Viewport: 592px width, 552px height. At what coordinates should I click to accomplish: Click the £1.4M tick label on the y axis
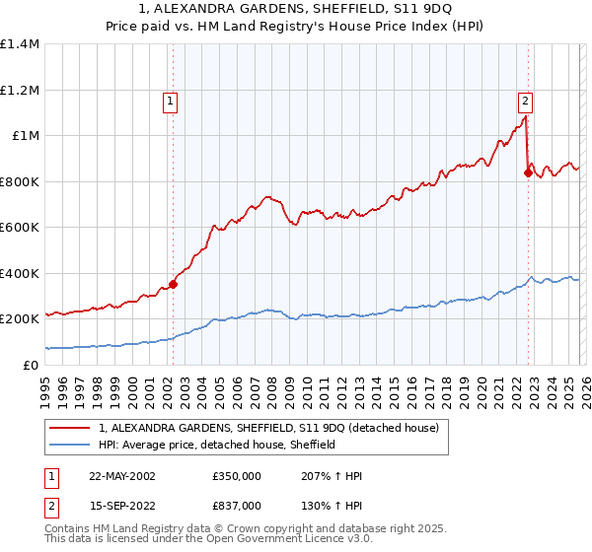click(x=20, y=44)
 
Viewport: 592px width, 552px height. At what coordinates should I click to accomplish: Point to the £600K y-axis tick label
click(x=20, y=228)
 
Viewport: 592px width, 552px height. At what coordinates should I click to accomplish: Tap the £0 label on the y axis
click(x=30, y=366)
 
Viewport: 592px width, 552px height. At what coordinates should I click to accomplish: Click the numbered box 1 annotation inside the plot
click(x=171, y=100)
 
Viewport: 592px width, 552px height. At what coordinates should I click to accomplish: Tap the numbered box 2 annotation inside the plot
click(x=525, y=100)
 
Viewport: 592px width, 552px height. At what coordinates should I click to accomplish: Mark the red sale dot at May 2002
click(x=174, y=285)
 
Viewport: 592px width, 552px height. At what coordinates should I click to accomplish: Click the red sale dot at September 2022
click(x=528, y=172)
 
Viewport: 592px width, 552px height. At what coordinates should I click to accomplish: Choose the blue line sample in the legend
click(x=70, y=445)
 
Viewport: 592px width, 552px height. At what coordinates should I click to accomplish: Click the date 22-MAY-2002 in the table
click(x=121, y=476)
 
